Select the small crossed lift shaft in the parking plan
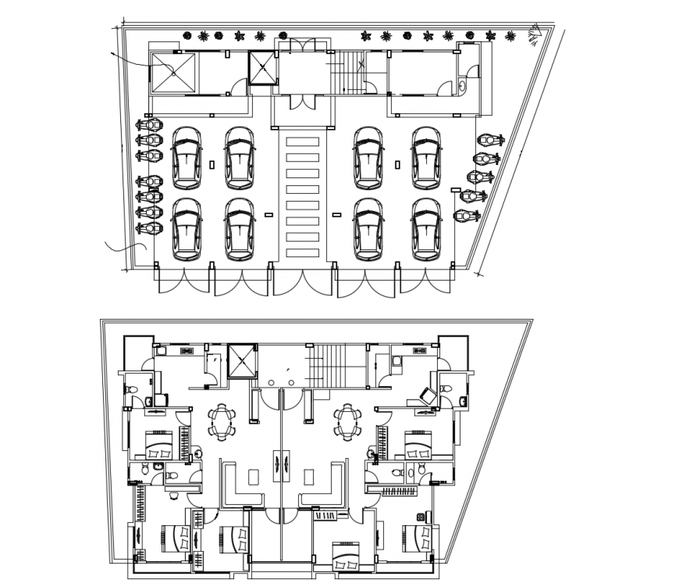click(x=263, y=67)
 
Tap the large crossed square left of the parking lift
click(x=174, y=73)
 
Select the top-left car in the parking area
click(x=187, y=159)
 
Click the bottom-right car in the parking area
click(x=427, y=229)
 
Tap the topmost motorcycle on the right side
click(x=489, y=140)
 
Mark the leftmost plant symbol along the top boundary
click(x=187, y=34)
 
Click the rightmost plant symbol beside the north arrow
click(x=510, y=36)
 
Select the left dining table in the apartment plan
click(x=222, y=422)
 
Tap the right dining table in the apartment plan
click(x=346, y=422)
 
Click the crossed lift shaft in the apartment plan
click(x=244, y=359)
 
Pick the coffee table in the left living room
click(x=252, y=476)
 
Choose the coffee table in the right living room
click(x=309, y=476)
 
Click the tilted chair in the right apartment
click(x=427, y=395)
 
